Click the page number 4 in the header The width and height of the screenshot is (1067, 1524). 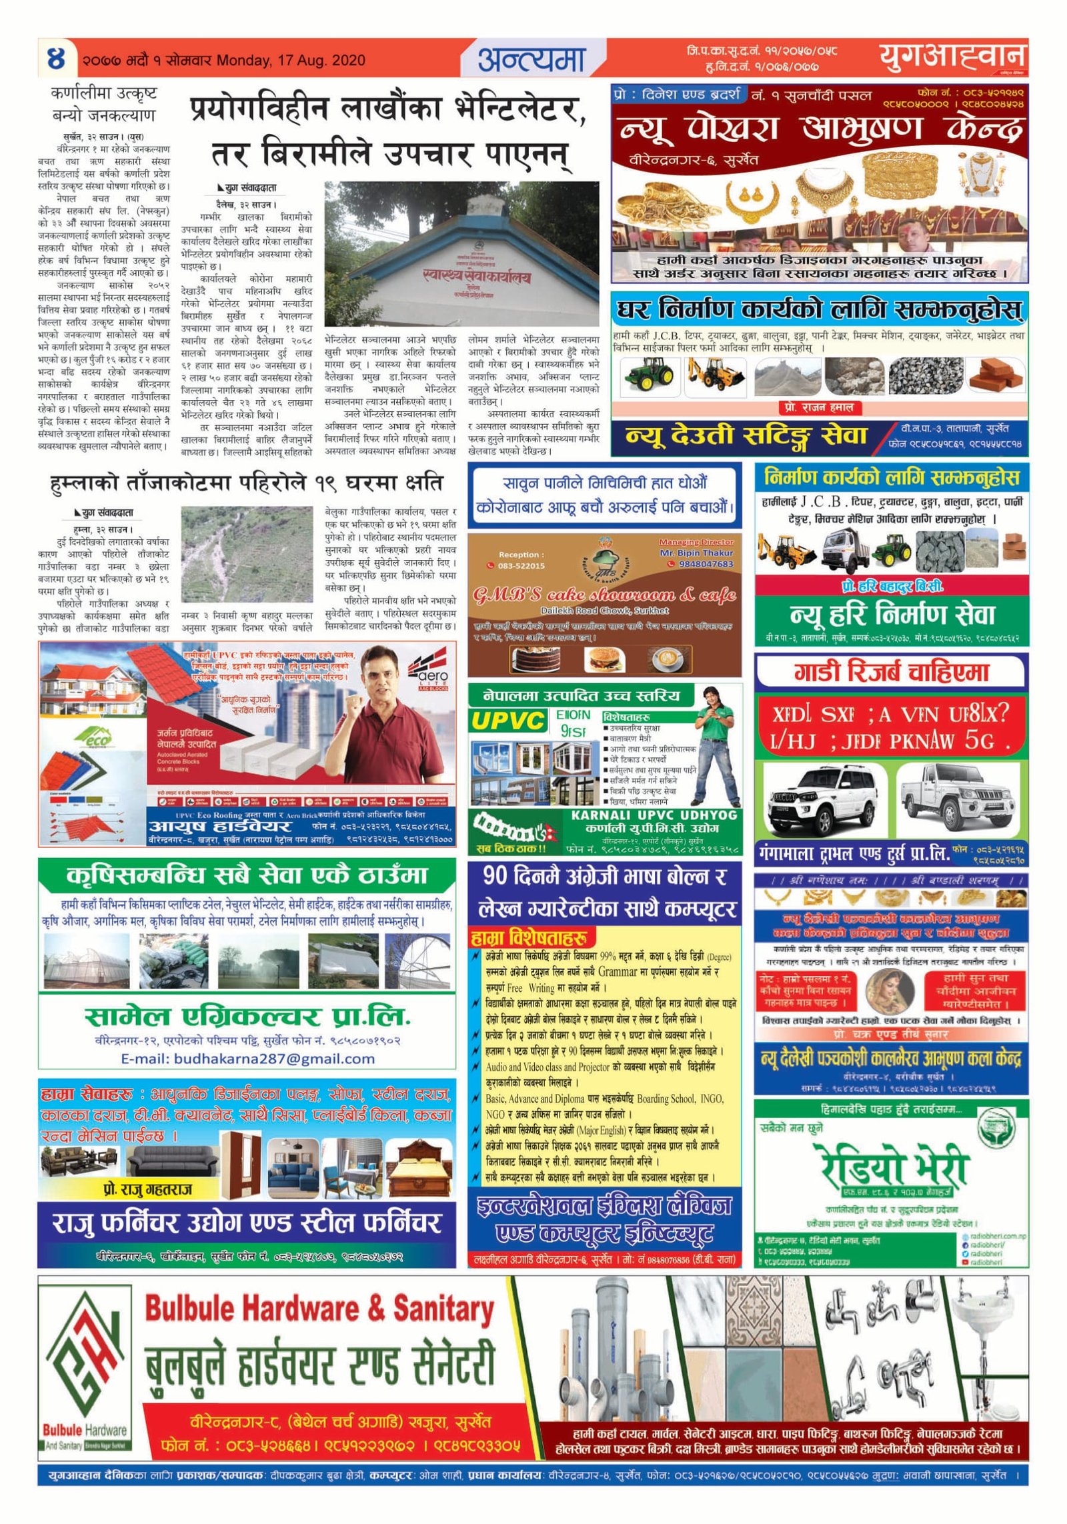pyautogui.click(x=57, y=59)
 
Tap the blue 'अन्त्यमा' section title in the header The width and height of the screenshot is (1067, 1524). pyautogui.click(x=531, y=60)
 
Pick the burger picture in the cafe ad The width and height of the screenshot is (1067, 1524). pyautogui.click(x=604, y=660)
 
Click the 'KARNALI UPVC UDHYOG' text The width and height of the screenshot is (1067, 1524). pyautogui.click(x=654, y=815)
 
